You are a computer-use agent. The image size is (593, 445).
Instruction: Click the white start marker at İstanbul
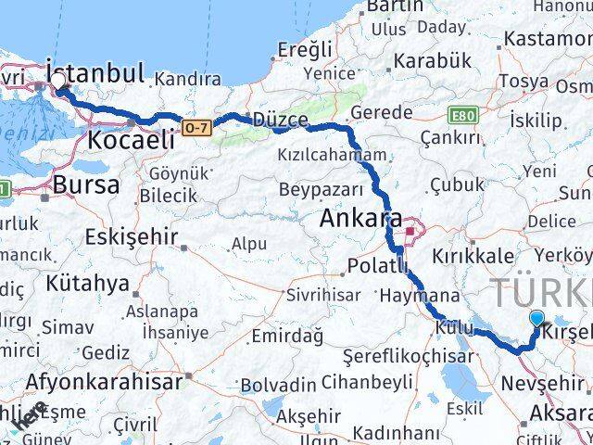(x=58, y=82)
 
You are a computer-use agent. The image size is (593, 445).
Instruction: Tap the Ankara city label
(x=360, y=221)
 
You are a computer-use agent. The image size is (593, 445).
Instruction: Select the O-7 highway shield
(x=195, y=126)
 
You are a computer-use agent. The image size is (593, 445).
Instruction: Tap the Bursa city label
(x=85, y=184)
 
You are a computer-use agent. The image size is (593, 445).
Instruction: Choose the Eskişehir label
(x=131, y=236)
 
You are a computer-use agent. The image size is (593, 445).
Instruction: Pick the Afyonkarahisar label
(x=103, y=381)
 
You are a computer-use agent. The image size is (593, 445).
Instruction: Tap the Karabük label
(x=432, y=61)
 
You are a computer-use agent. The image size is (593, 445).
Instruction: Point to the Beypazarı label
(x=316, y=190)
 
